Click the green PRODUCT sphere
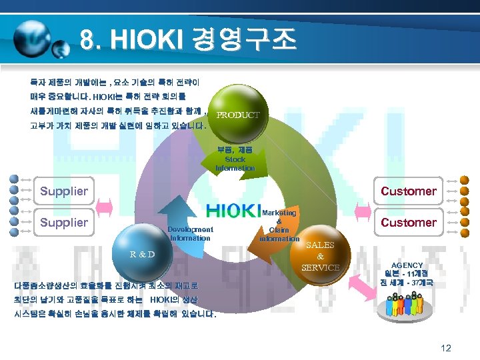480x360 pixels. [237, 115]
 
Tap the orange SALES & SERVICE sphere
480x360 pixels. [320, 254]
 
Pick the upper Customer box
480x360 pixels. [408, 191]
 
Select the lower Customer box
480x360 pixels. [408, 222]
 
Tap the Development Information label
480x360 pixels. [191, 233]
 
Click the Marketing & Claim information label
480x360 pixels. [279, 225]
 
